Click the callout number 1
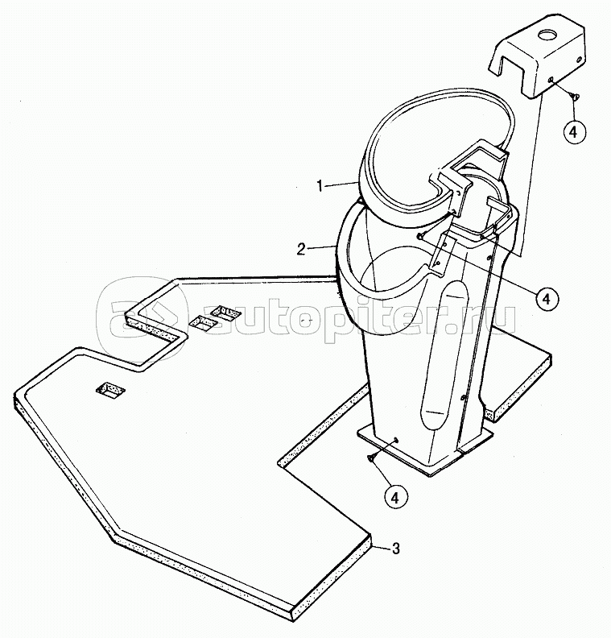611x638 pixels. pos(320,185)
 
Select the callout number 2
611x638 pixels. pos(300,249)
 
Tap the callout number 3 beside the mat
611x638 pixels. pos(394,549)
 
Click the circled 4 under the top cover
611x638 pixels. pos(570,131)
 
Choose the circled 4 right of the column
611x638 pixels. pos(545,298)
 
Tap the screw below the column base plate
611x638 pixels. pos(371,458)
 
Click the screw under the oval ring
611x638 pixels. pos(421,235)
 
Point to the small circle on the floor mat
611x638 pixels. pos(303,321)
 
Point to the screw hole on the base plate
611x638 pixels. pos(398,440)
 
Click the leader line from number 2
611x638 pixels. pos(320,246)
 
